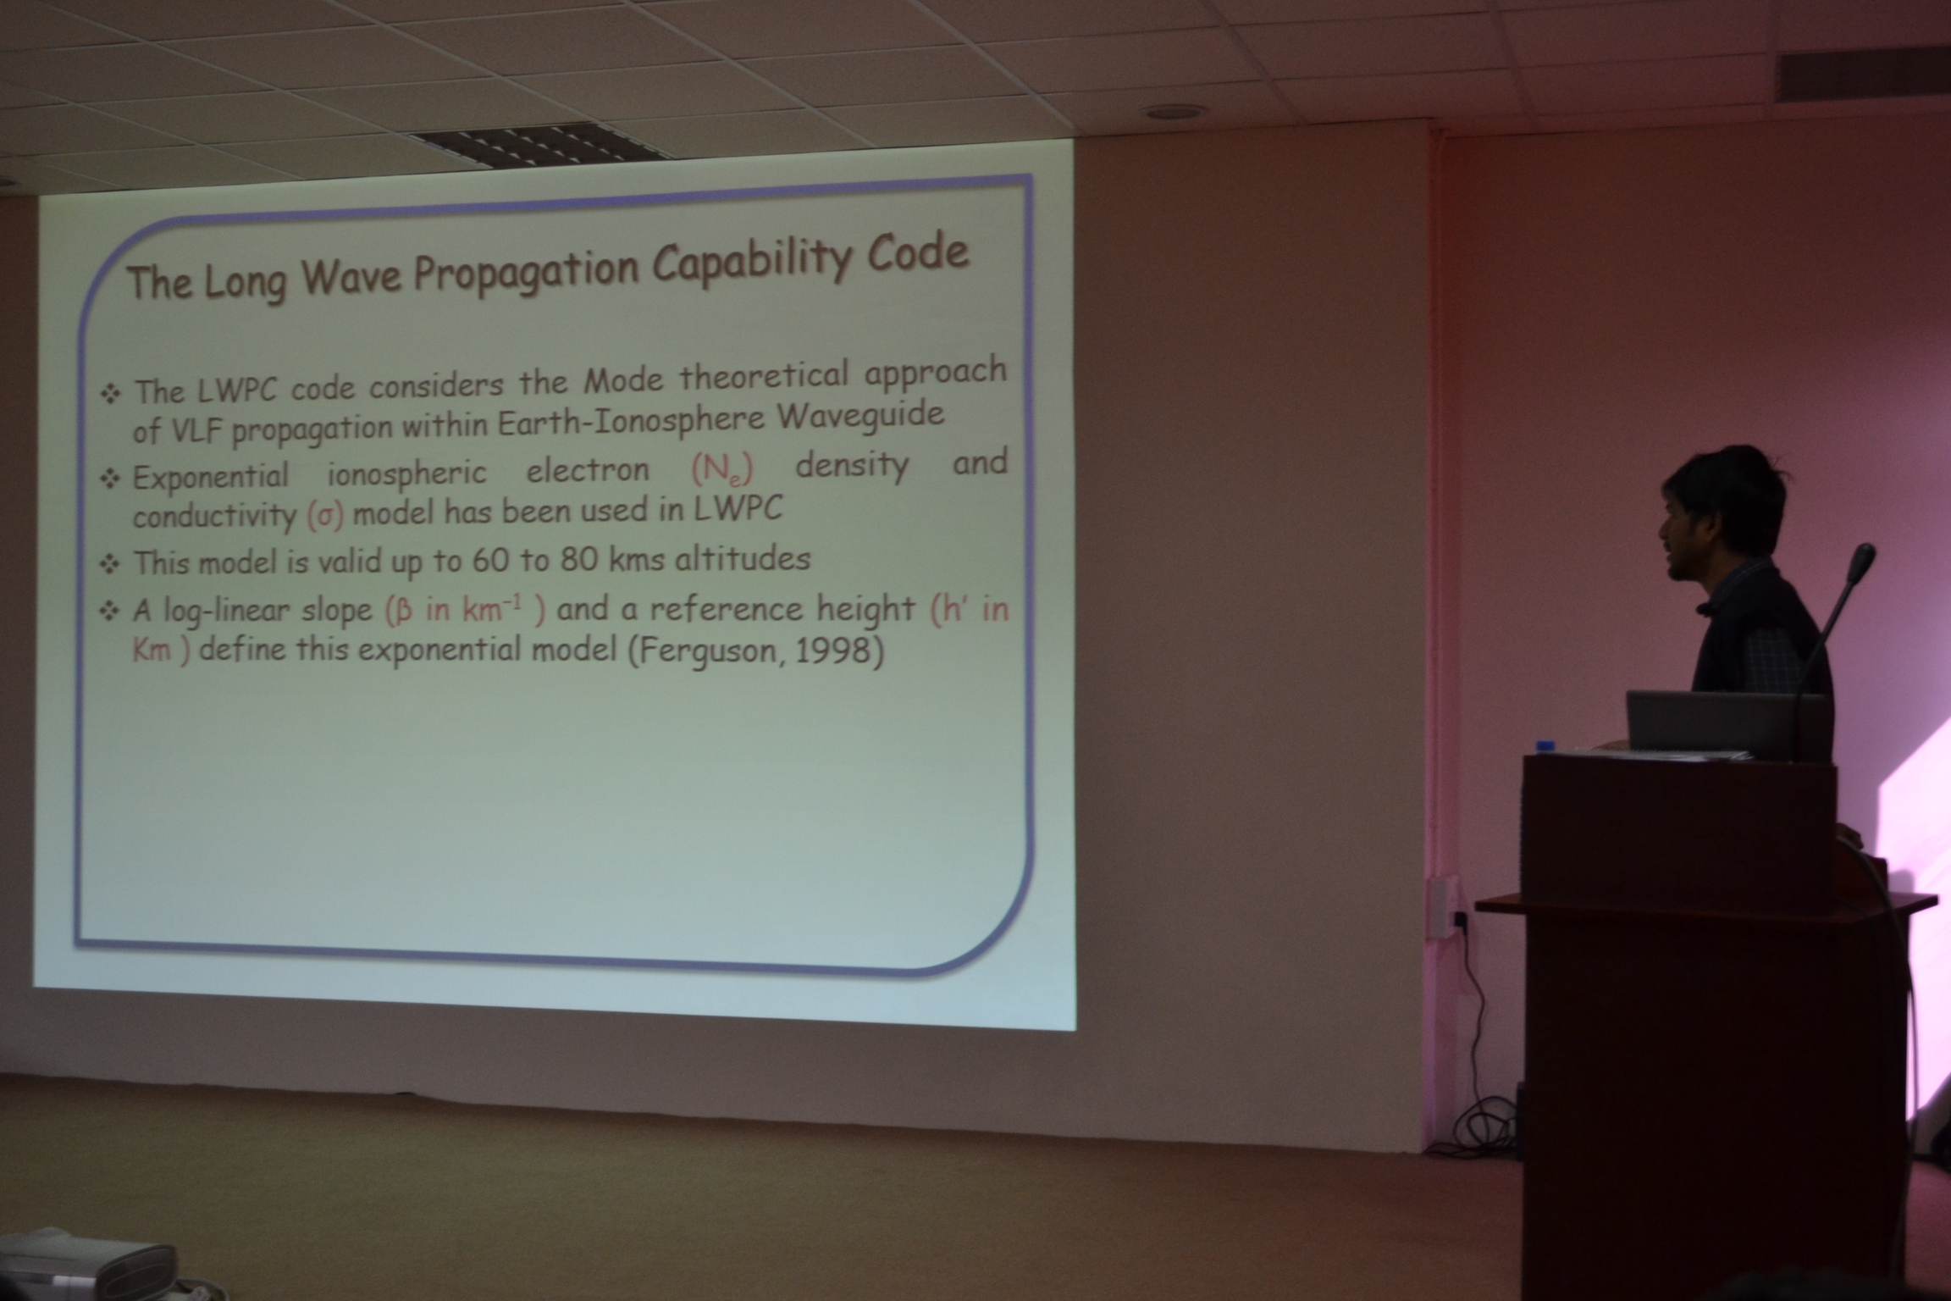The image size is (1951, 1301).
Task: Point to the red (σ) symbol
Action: point(325,515)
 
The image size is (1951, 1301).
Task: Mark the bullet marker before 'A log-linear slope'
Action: point(110,611)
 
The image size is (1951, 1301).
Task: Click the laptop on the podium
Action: point(1727,725)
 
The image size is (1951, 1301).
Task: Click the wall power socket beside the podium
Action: point(1441,907)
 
